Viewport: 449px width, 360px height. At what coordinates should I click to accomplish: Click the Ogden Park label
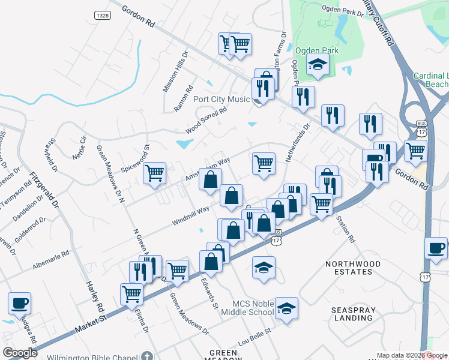tap(317, 51)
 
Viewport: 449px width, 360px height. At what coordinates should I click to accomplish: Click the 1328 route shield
tap(103, 13)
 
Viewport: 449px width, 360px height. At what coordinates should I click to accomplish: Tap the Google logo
tap(20, 353)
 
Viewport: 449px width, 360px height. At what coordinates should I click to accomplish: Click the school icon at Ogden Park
tap(318, 64)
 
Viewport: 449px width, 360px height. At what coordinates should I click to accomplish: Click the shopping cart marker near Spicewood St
tap(155, 173)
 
